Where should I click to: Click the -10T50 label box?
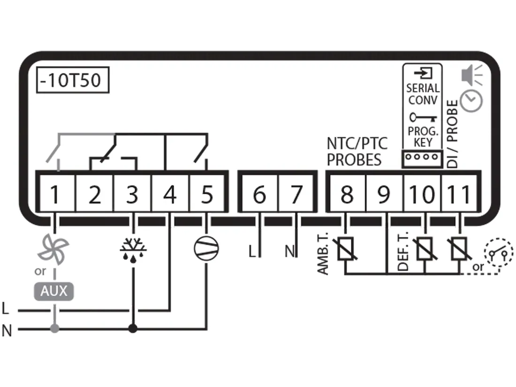pyautogui.click(x=72, y=81)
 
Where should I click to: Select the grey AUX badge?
pyautogui.click(x=54, y=291)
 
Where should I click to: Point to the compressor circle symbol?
pyautogui.click(x=206, y=246)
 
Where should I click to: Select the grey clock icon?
pyautogui.click(x=470, y=101)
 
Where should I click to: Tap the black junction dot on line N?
pyautogui.click(x=133, y=329)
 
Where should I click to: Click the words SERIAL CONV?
pyautogui.click(x=422, y=94)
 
